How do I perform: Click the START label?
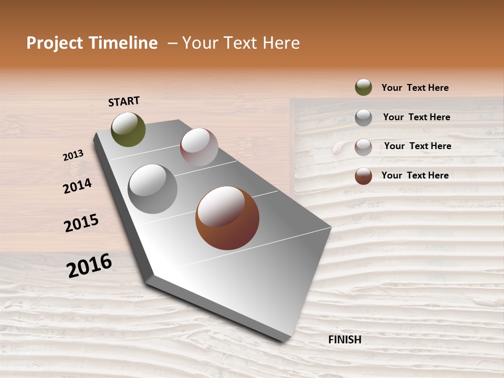coord(124,101)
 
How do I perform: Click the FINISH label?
coord(344,340)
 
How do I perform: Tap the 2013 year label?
coord(73,155)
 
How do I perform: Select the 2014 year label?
coord(77,186)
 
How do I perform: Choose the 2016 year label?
coord(89,266)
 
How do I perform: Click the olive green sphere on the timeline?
coord(128,129)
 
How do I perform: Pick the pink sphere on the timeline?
coord(199,147)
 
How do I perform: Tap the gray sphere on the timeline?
coord(153,189)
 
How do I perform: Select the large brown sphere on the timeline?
coord(227,218)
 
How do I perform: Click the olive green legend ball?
coord(363,88)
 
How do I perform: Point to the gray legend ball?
coord(363,118)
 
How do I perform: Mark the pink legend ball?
coord(363,147)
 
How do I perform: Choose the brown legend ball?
coord(363,176)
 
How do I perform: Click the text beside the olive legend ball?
coord(415,88)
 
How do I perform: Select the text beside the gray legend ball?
coord(416,117)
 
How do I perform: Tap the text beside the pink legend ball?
coord(417,146)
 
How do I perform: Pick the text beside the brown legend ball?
coord(415,175)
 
